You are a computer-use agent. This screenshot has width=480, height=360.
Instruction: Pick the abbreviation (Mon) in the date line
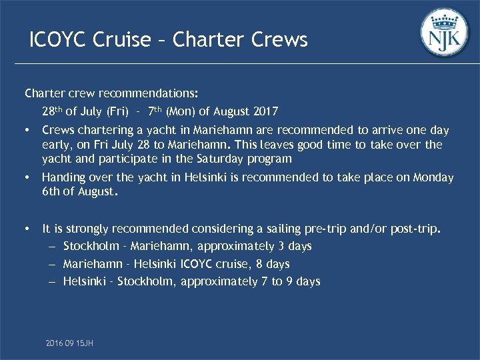pos(181,111)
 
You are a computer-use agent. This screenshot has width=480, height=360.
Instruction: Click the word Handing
pos(63,177)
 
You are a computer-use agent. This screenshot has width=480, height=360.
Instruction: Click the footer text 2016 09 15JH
pos(69,343)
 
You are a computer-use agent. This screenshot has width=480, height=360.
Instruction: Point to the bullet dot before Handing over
pos(27,178)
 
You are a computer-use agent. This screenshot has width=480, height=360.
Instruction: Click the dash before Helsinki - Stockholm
pos(52,281)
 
